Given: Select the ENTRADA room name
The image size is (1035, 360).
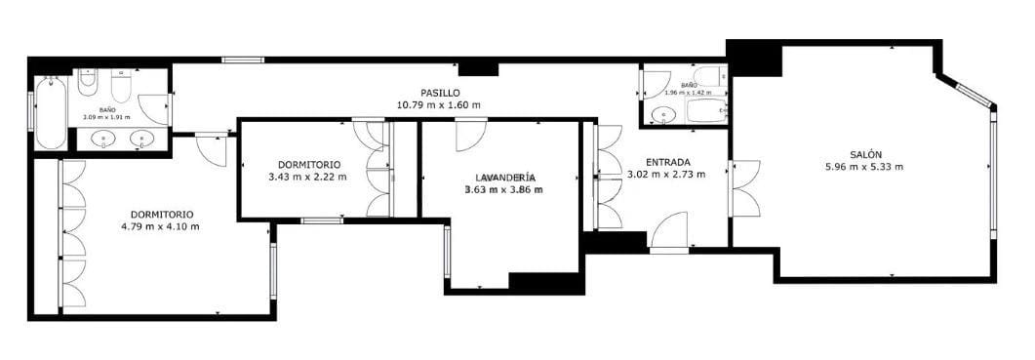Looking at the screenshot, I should (x=668, y=162).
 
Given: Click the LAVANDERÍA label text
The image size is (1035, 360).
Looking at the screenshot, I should (x=504, y=178).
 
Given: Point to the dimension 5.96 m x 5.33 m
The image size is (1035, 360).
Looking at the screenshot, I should (x=864, y=166).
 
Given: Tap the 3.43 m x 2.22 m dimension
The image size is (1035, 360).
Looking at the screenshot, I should (x=307, y=177).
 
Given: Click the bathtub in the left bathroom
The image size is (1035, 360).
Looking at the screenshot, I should (x=50, y=112).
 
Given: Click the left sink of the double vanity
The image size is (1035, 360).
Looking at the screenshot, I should (x=103, y=139).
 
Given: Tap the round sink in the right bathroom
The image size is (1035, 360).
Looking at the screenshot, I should (x=664, y=115).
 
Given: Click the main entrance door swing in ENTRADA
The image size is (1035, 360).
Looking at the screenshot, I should (x=671, y=232).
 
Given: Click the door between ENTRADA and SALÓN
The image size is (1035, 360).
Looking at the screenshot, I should (x=744, y=188).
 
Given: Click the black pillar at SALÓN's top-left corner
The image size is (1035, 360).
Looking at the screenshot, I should (x=754, y=59).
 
